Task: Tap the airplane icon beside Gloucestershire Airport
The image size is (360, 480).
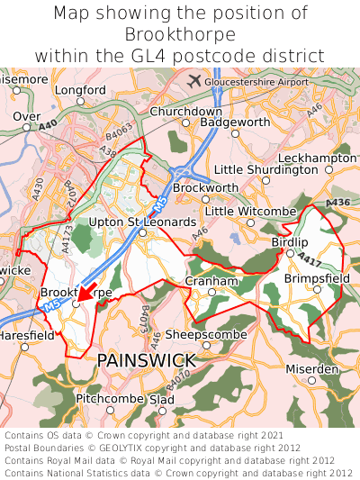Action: point(193,80)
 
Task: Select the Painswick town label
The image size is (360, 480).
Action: point(146,360)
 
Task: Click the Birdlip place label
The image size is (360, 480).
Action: point(290,242)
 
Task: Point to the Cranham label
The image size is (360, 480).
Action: point(211,281)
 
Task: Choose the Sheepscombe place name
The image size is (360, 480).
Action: point(206,333)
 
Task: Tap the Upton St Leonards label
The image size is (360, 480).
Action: point(142,222)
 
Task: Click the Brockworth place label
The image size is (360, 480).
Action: point(205,187)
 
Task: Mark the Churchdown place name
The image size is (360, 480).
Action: point(185,111)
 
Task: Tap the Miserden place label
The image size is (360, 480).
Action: point(311,369)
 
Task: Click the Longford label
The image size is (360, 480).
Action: point(80,91)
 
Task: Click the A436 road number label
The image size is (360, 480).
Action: point(338,204)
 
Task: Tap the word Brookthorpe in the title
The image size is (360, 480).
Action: point(180,34)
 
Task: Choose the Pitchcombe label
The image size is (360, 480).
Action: point(110,398)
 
